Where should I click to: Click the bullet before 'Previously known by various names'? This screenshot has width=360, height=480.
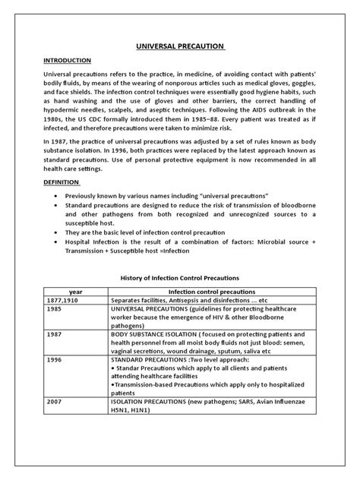point(58,195)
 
